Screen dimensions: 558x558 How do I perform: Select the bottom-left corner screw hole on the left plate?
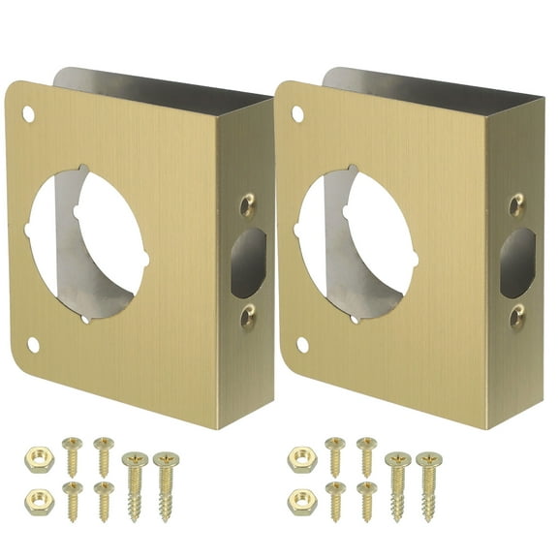coord(34,344)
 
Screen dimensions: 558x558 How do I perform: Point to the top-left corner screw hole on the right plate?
coord(297,114)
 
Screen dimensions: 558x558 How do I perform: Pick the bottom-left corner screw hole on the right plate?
coord(302,344)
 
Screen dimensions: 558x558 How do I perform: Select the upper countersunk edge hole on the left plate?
coord(247,205)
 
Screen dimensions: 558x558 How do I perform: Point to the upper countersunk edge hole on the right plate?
coord(516,205)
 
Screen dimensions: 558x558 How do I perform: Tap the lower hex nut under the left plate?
coord(38,500)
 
